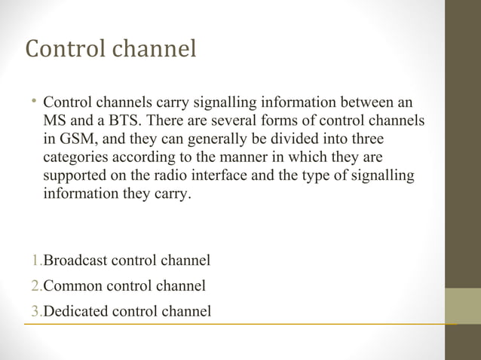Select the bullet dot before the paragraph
pyautogui.click(x=35, y=101)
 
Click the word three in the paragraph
pyautogui.click(x=364, y=139)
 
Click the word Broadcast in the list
pyautogui.click(x=75, y=261)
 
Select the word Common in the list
pyautogui.click(x=73, y=285)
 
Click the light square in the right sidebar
pyautogui.click(x=462, y=306)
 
